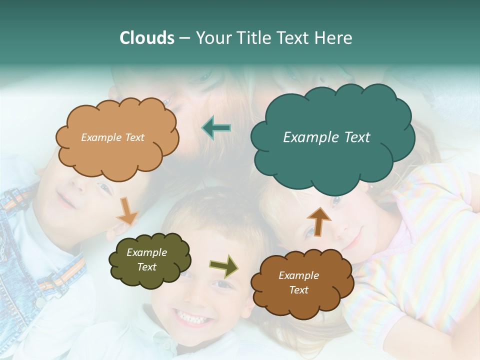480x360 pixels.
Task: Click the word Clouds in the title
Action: (147, 38)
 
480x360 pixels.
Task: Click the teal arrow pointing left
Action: (216, 128)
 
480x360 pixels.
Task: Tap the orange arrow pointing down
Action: (126, 210)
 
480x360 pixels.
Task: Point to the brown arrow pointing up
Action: (318, 221)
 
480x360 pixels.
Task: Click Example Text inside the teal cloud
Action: (326, 137)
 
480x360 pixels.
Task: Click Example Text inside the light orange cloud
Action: (112, 137)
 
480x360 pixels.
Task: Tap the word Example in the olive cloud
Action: (146, 252)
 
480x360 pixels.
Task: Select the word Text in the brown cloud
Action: (298, 290)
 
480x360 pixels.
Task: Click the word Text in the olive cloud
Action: (146, 267)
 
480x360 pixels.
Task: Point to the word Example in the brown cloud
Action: (298, 275)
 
